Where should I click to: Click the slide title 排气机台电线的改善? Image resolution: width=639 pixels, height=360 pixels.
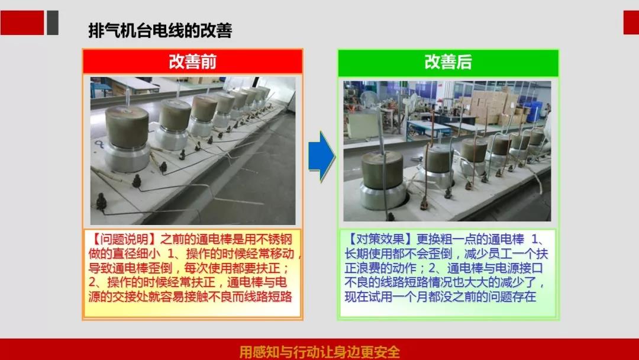coord(160,31)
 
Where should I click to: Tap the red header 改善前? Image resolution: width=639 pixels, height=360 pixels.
coord(192,62)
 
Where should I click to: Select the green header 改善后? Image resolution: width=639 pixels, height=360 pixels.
coord(448,62)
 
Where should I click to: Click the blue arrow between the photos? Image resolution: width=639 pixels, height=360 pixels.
coord(321,156)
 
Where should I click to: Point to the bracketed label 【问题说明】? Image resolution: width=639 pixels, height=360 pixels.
coord(124,239)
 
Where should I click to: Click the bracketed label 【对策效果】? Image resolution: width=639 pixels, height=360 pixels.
coord(380,239)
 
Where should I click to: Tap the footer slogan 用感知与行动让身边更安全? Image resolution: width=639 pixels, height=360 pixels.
coord(319,352)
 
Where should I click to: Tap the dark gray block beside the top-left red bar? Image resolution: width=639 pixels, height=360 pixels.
coord(53,23)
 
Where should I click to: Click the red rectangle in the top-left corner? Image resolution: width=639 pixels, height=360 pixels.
coord(22,23)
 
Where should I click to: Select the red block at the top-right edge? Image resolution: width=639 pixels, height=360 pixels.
coord(631,23)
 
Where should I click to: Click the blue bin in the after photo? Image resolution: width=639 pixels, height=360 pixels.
coord(534,111)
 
